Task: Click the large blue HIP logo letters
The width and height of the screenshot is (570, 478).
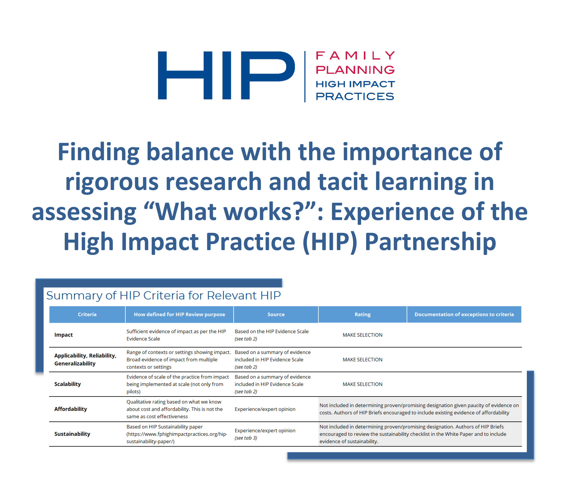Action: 226,75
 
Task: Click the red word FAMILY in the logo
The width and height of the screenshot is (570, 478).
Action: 355,55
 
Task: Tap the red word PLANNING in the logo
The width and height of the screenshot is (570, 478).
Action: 355,70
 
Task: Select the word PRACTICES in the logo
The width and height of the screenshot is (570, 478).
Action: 355,96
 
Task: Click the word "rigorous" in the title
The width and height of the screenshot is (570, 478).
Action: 112,182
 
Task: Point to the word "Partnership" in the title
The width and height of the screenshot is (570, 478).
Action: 430,242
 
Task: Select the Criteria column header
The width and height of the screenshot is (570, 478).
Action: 87,314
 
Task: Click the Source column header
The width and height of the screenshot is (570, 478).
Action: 276,314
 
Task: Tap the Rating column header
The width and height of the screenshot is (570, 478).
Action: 363,314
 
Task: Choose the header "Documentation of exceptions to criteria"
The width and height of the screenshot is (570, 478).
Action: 464,314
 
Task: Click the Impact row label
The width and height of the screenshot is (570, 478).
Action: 63,335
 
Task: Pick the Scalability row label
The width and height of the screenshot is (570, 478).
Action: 67,384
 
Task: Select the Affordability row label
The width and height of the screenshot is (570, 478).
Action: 70,409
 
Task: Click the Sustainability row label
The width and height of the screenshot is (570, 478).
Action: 72,434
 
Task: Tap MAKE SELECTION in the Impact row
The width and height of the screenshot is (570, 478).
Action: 363,335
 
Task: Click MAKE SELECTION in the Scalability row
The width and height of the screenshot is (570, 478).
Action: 363,384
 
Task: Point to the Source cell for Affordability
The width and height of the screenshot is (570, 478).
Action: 265,409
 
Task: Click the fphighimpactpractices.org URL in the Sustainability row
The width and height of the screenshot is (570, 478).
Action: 177,438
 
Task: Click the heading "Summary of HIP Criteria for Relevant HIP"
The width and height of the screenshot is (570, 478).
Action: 163,295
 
